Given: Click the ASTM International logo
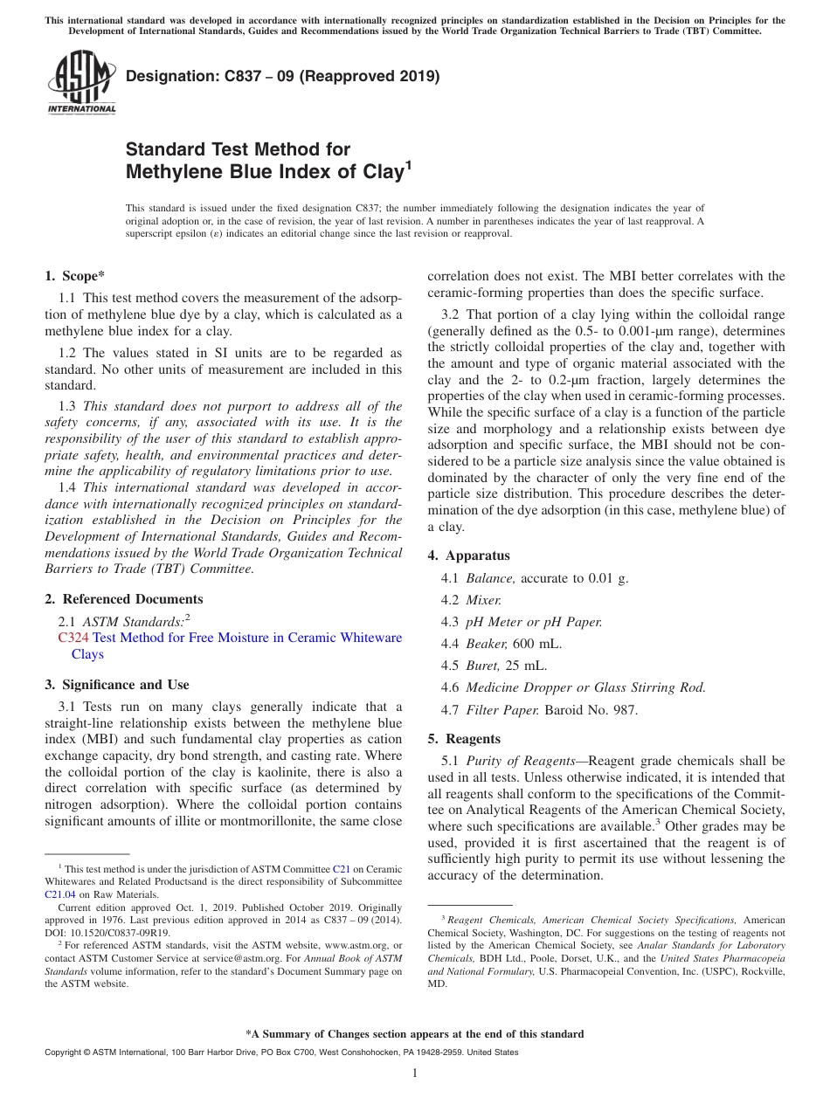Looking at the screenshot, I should (80, 82).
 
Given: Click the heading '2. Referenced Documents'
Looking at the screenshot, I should (123, 599).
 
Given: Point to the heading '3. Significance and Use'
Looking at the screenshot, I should (116, 685).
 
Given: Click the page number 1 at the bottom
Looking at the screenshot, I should (415, 1073).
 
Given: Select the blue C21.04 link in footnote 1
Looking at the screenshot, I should (60, 894).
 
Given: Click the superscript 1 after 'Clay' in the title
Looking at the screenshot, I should (407, 163).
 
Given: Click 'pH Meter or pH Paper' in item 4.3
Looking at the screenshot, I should (534, 622).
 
